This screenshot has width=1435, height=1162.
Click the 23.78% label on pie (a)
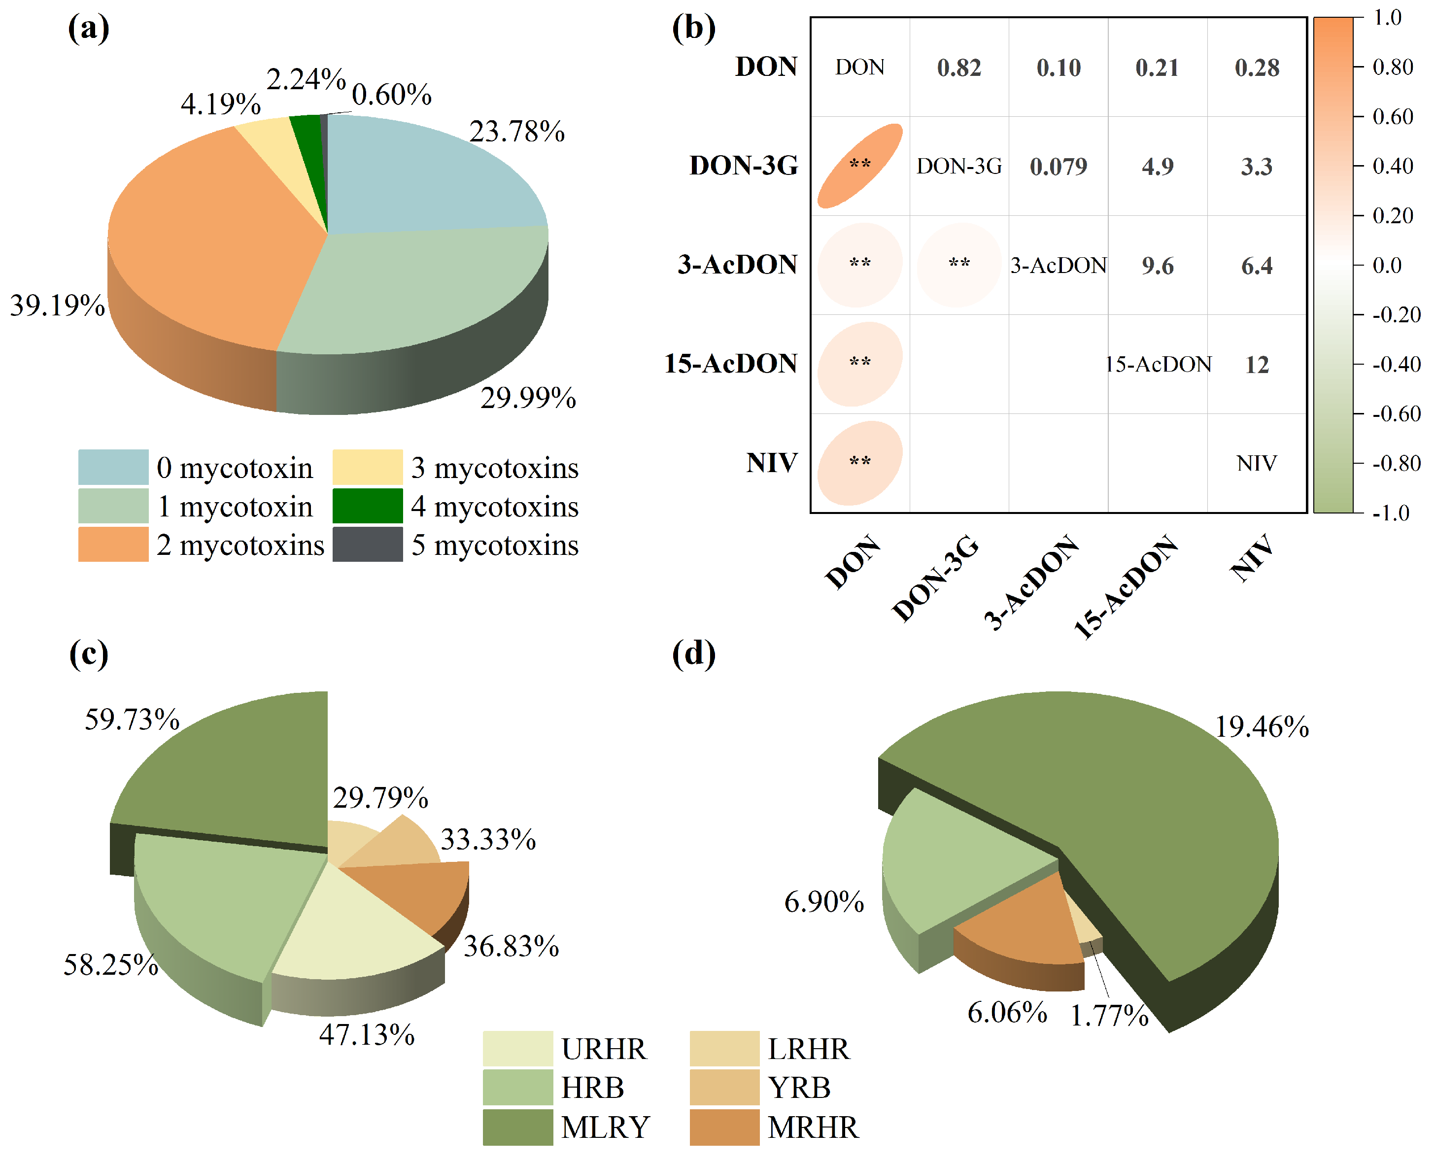coord(517,132)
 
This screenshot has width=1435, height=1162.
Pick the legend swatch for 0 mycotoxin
coord(113,467)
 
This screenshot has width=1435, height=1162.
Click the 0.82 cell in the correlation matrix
coord(958,68)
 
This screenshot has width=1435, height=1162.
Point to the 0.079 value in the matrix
coord(1058,167)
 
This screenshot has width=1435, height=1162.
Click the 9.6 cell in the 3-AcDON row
coord(1157,266)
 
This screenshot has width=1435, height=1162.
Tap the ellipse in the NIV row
coord(860,463)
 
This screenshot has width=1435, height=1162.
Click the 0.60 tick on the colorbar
coord(1392,116)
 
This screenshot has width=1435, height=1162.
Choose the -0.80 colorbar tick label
coord(1396,463)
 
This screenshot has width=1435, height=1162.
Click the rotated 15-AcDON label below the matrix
coord(1126,587)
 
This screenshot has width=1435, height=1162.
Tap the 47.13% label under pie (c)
coord(367,1035)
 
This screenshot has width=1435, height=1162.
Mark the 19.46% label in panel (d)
coord(1262,727)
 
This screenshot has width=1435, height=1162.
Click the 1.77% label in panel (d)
coord(1109,1016)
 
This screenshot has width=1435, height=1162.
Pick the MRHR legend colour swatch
coord(724,1127)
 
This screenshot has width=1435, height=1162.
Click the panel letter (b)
coord(693,28)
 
